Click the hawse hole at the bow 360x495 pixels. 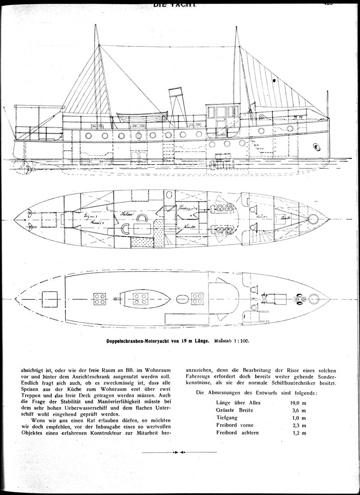(x=317, y=147)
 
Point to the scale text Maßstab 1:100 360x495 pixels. (x=231, y=341)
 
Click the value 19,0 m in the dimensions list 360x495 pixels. (x=298, y=403)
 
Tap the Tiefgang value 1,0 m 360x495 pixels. (x=298, y=418)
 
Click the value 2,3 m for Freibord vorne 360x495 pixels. (x=298, y=425)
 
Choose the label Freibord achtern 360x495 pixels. (x=237, y=433)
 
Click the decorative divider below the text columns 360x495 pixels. (x=179, y=452)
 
